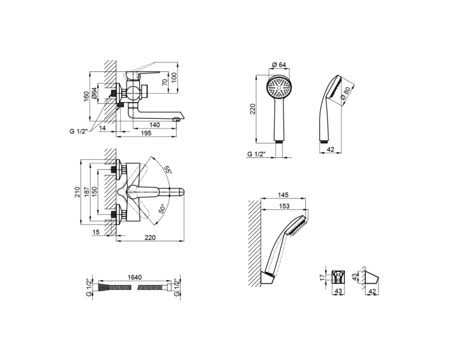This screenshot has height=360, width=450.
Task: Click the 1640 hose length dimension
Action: (134, 277)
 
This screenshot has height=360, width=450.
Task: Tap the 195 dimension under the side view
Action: (146, 133)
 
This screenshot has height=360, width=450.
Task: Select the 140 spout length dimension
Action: (154, 125)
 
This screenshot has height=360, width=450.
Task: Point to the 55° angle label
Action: (168, 169)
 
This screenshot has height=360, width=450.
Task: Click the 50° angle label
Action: (162, 209)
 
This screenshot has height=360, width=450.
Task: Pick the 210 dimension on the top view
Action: (77, 192)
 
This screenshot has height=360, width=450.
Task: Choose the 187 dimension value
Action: (86, 192)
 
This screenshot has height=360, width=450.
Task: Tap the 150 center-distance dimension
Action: (94, 192)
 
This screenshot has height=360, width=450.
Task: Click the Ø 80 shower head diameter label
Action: (346, 94)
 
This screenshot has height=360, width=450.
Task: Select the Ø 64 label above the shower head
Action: (278, 65)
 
